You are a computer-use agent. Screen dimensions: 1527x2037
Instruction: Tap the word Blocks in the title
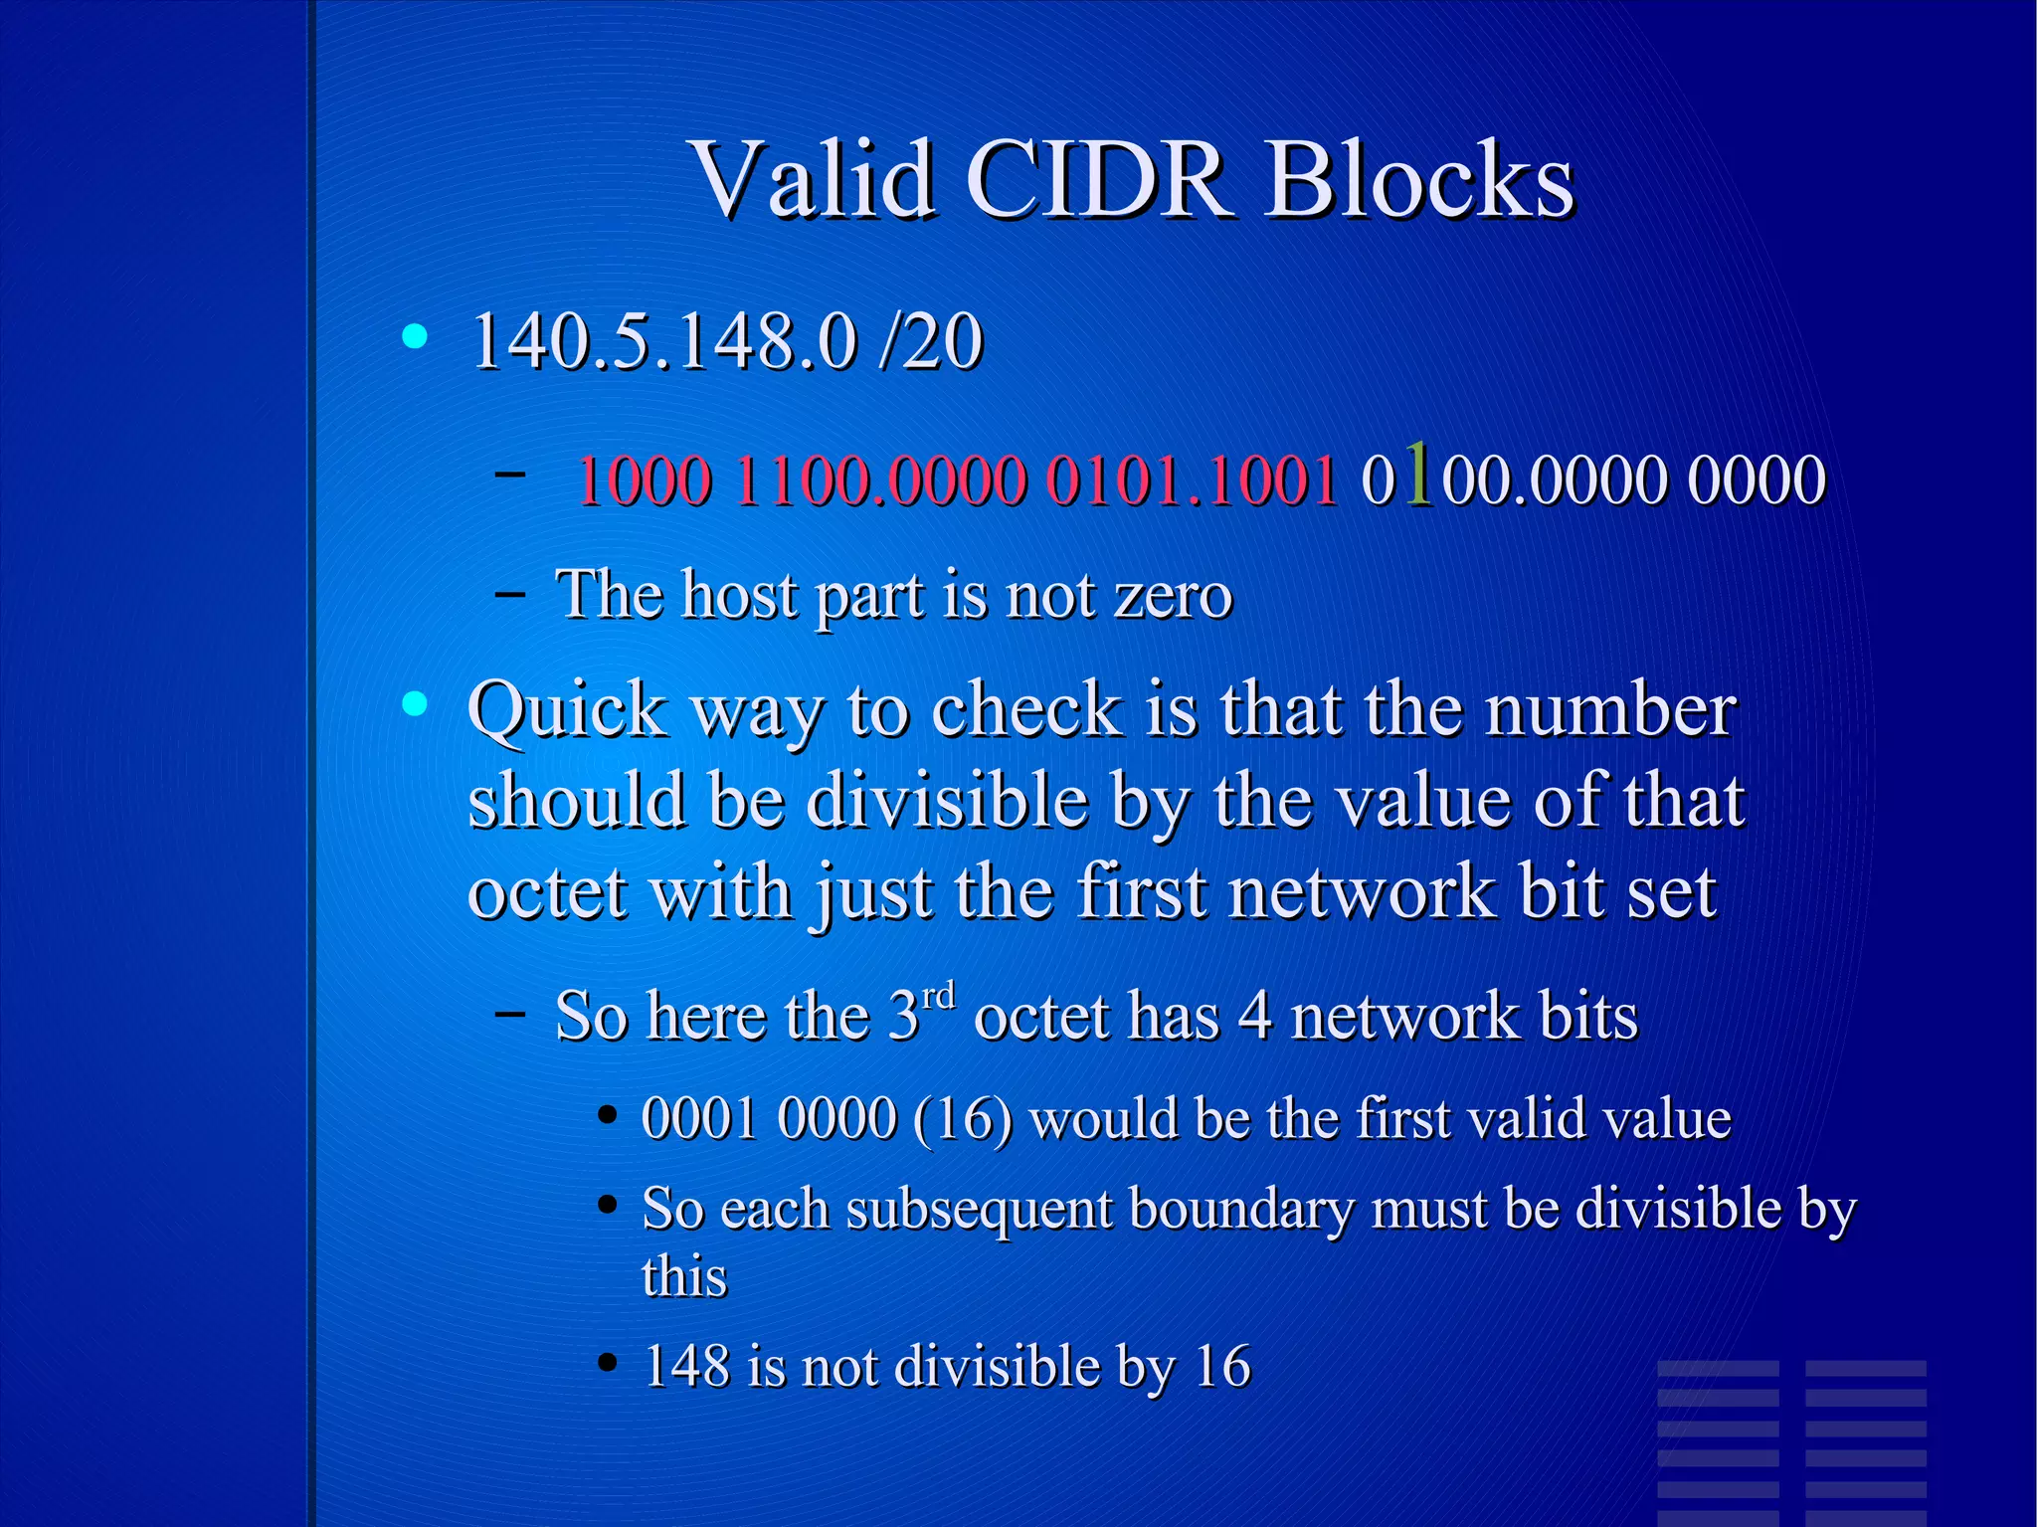[x=1419, y=179]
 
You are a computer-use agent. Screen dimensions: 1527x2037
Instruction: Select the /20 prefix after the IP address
[x=931, y=342]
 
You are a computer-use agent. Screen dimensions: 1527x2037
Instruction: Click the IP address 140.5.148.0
[x=663, y=342]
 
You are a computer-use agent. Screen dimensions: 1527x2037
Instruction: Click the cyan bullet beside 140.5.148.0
[x=415, y=336]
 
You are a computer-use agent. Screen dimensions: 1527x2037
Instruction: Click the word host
[x=740, y=596]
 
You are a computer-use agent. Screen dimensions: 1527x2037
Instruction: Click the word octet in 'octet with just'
[x=548, y=891]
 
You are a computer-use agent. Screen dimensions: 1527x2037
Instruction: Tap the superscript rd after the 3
[x=938, y=996]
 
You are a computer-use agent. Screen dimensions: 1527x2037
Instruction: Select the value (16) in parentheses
[x=962, y=1118]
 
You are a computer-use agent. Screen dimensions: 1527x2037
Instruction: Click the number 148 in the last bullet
[x=686, y=1365]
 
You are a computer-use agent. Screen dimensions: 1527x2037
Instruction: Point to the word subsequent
[x=980, y=1210]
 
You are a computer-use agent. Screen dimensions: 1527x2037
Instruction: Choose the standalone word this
[x=684, y=1276]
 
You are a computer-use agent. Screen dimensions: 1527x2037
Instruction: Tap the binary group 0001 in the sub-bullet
[x=700, y=1118]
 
